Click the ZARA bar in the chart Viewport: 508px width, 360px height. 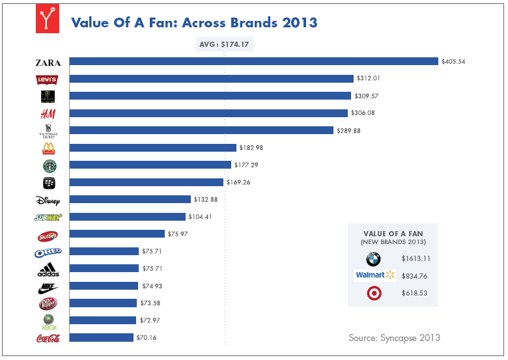click(x=253, y=61)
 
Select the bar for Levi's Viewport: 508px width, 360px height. click(x=211, y=79)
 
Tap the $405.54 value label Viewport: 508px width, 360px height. click(x=454, y=61)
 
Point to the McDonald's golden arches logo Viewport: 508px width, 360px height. click(x=48, y=148)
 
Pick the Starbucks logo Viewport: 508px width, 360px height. click(x=48, y=165)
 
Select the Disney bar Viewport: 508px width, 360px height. click(x=130, y=199)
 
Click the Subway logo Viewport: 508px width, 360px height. click(x=48, y=217)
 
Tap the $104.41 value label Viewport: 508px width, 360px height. click(x=202, y=217)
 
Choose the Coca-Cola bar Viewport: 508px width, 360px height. click(x=102, y=337)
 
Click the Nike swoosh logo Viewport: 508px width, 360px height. click(x=48, y=286)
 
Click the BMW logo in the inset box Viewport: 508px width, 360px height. click(x=373, y=258)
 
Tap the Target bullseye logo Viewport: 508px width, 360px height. click(x=373, y=293)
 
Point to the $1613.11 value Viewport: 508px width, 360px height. click(x=416, y=258)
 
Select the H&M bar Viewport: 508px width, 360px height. click(x=208, y=113)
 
